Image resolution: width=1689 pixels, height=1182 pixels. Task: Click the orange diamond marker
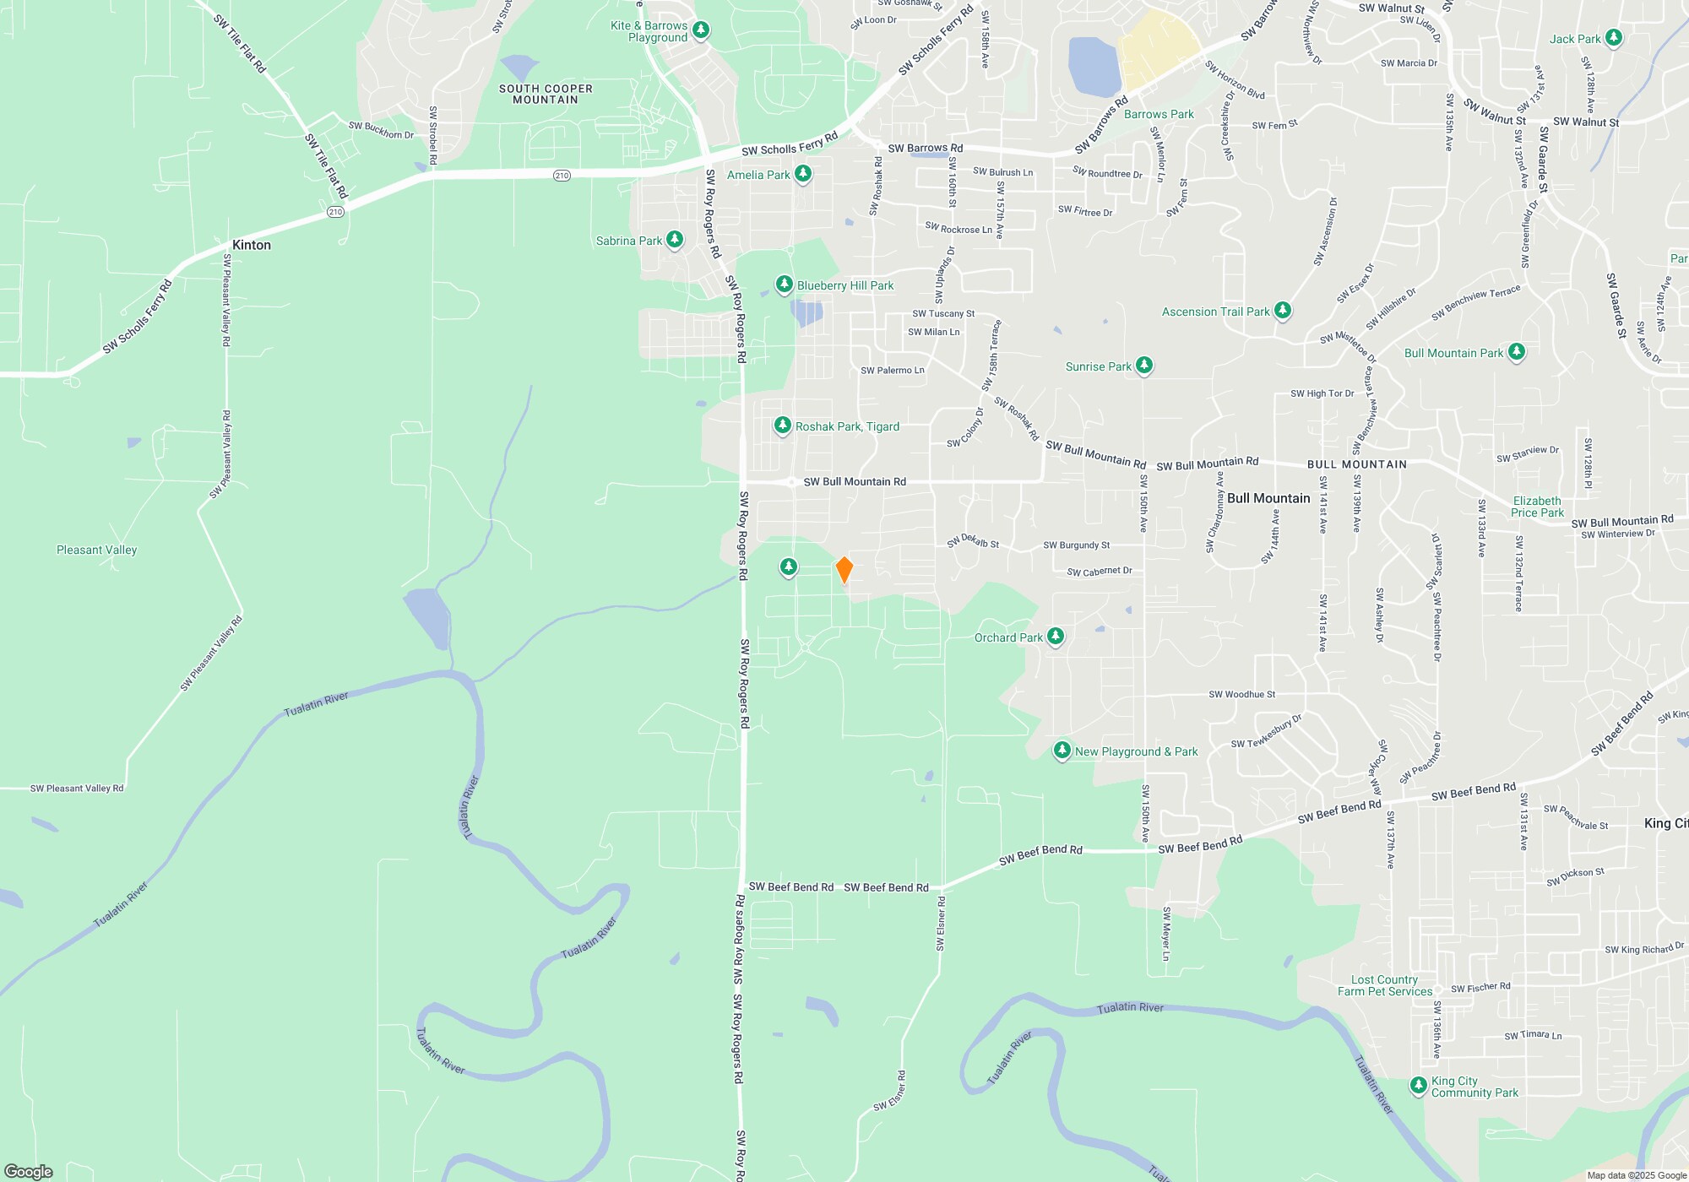click(x=844, y=570)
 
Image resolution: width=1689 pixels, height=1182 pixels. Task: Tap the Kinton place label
click(x=252, y=245)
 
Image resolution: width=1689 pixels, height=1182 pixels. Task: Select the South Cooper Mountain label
click(x=546, y=94)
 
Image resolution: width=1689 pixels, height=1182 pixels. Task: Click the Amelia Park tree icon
click(x=803, y=174)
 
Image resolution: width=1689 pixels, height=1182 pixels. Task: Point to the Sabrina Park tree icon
click(x=674, y=240)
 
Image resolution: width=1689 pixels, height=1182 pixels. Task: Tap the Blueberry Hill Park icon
click(x=784, y=285)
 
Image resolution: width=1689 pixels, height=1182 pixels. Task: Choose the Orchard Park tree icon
click(x=1055, y=637)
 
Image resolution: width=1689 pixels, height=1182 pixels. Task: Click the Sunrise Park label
click(x=1098, y=366)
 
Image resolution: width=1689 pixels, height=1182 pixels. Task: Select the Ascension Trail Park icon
click(x=1282, y=311)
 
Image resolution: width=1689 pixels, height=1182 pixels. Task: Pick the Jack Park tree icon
click(x=1613, y=38)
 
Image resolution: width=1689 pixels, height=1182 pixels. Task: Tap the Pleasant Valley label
click(x=96, y=550)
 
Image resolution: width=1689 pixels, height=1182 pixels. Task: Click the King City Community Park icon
click(x=1419, y=1086)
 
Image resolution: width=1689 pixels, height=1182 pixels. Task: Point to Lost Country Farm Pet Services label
click(x=1385, y=985)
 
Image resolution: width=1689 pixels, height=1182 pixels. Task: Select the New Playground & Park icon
click(x=1062, y=751)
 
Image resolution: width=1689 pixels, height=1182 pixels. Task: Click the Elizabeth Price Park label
click(x=1537, y=507)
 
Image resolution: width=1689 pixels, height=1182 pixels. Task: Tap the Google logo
click(x=29, y=1171)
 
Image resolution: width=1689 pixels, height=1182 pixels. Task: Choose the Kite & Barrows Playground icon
click(x=700, y=31)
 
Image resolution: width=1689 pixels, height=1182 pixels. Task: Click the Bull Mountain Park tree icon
click(x=1516, y=352)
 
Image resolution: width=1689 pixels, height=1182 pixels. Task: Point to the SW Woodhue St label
click(x=1241, y=694)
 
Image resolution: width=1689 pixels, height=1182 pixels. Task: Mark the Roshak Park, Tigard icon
click(x=783, y=426)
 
